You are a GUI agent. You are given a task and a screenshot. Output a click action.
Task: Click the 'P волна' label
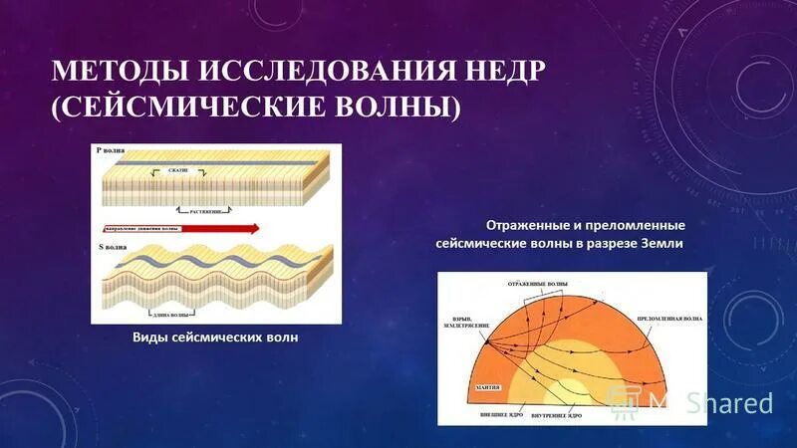pos(114,152)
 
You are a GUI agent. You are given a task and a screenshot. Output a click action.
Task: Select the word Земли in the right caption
pos(659,244)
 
